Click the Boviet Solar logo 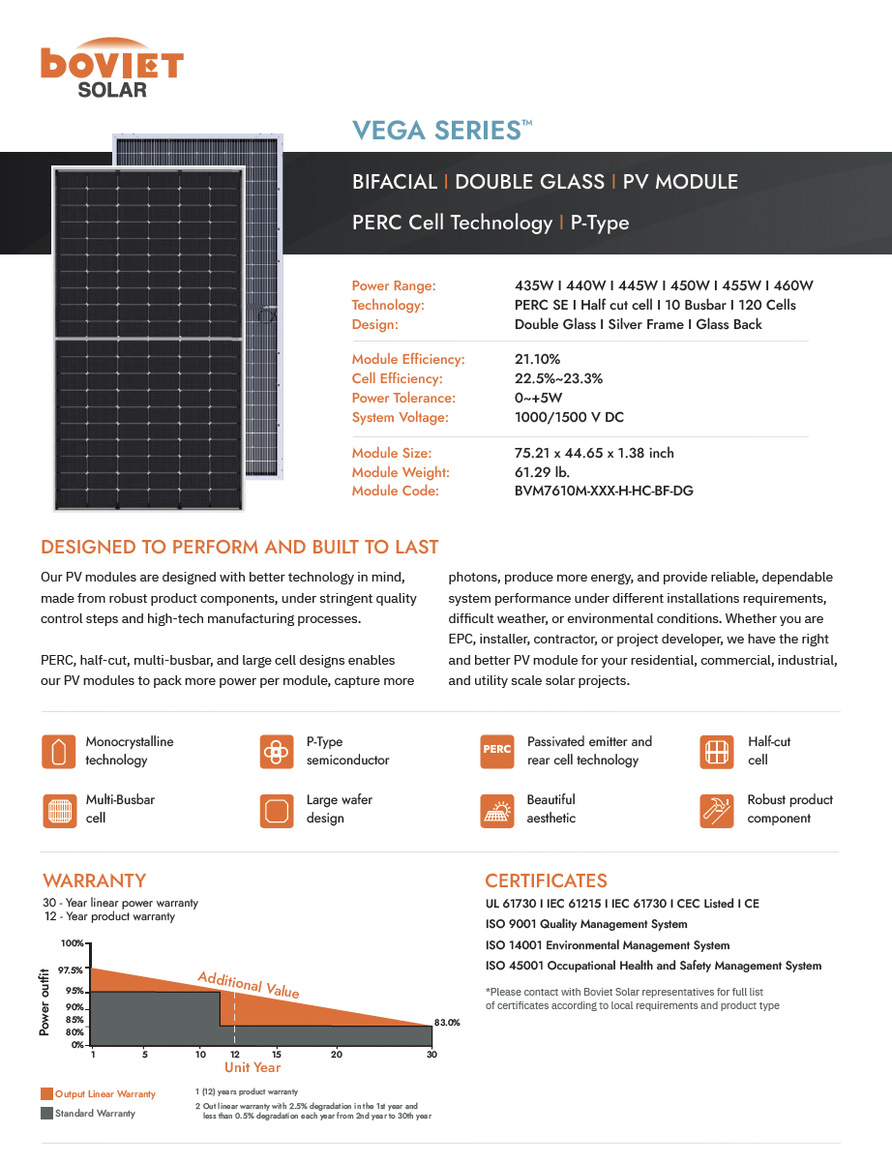pos(111,67)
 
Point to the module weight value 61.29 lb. pos(542,472)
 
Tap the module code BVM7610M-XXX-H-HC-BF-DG pos(604,491)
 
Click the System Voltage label pos(400,417)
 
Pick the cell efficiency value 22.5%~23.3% pos(558,378)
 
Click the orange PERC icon pos(497,751)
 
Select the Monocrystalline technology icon pos(58,751)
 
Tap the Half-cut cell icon pos(716,751)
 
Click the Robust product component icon pos(716,810)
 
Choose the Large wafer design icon pos(277,810)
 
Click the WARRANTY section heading pos(94,880)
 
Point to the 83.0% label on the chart pos(446,1022)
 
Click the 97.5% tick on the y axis pos(71,969)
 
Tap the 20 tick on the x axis pos(336,1054)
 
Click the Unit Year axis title pos(253,1067)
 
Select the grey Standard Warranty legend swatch pos(46,1113)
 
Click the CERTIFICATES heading pos(546,880)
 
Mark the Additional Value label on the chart pos(249,984)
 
